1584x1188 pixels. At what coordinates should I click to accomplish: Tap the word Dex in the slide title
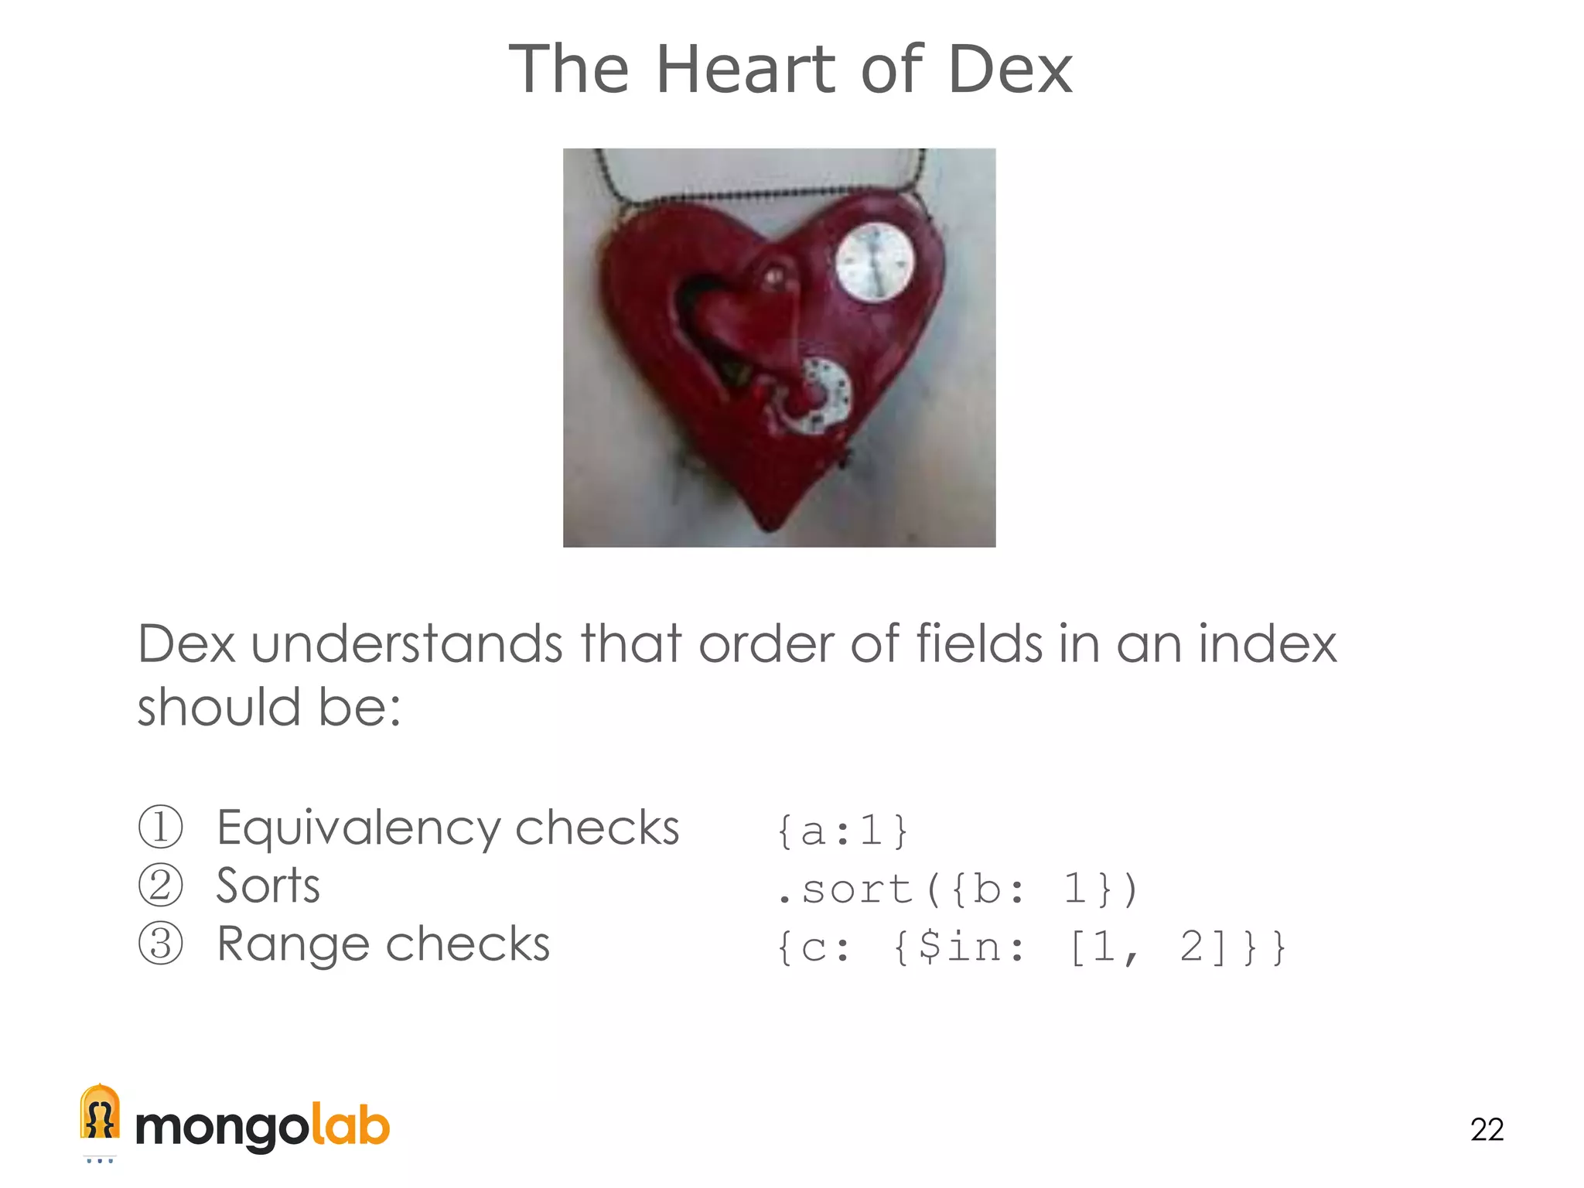point(1009,70)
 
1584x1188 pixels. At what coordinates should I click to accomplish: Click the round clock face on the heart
point(875,262)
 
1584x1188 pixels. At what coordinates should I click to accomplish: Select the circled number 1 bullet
point(161,827)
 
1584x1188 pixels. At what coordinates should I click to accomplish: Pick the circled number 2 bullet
point(161,886)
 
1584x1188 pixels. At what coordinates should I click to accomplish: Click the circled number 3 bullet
point(161,944)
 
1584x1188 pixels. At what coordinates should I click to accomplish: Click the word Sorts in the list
point(268,886)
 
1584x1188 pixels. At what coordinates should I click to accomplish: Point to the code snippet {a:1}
point(842,831)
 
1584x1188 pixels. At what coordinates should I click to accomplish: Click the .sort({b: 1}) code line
point(958,889)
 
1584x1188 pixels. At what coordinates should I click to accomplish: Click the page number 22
point(1487,1129)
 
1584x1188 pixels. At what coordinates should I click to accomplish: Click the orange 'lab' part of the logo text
point(350,1127)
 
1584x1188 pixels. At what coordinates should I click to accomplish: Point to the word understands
point(407,644)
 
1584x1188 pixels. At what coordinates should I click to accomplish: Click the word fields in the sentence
point(979,644)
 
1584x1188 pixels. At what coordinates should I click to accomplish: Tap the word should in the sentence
point(219,708)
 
